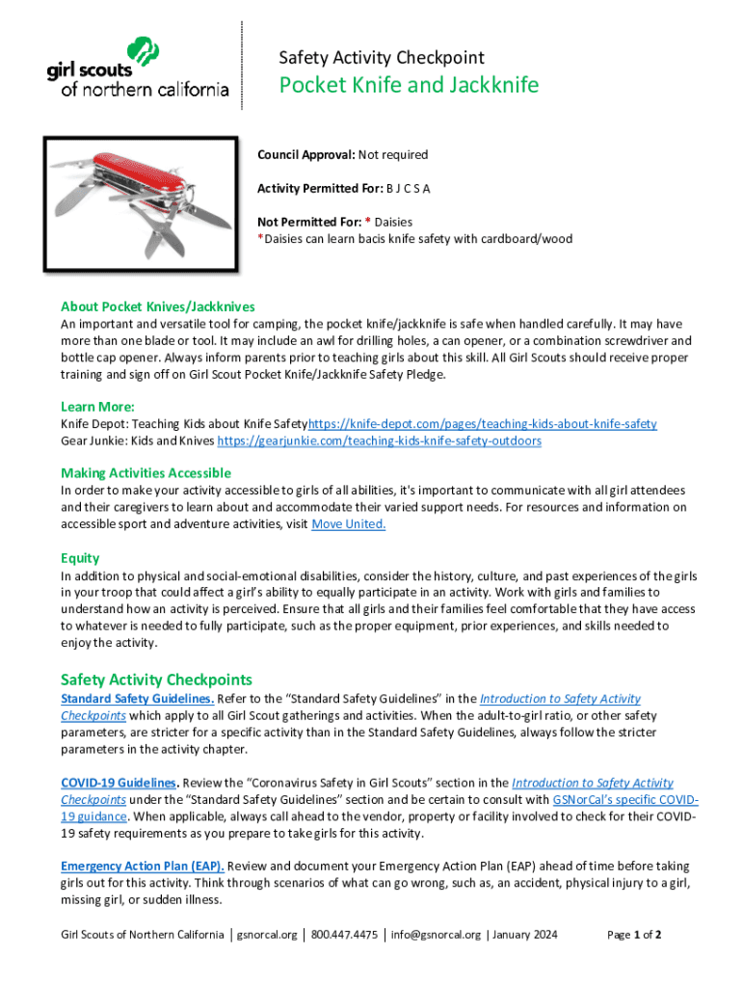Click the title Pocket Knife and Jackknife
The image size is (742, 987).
click(409, 86)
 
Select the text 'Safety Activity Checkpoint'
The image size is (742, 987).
click(381, 58)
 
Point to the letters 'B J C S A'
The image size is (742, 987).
click(409, 188)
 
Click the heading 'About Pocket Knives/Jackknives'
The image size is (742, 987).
click(157, 307)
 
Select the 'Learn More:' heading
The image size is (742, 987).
click(97, 406)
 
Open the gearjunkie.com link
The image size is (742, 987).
click(379, 440)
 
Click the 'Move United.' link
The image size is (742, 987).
click(349, 523)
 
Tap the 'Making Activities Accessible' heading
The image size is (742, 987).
click(146, 472)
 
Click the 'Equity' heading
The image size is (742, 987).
click(80, 558)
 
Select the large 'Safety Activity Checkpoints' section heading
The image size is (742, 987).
click(156, 680)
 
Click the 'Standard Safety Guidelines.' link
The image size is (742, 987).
click(137, 699)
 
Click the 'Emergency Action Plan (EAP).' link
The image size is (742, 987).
click(142, 867)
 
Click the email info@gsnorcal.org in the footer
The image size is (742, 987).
click(435, 935)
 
